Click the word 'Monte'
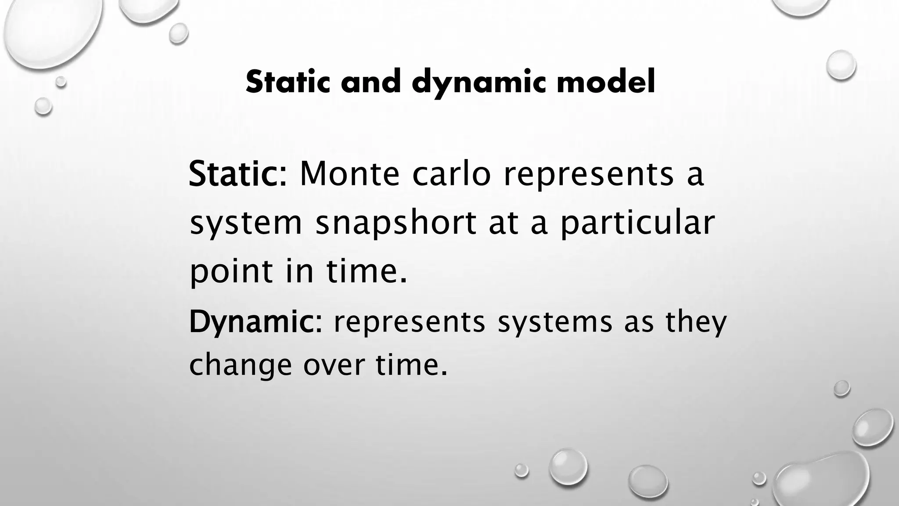[x=349, y=173]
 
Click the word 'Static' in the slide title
[x=288, y=82]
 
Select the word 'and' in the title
[x=371, y=82]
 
